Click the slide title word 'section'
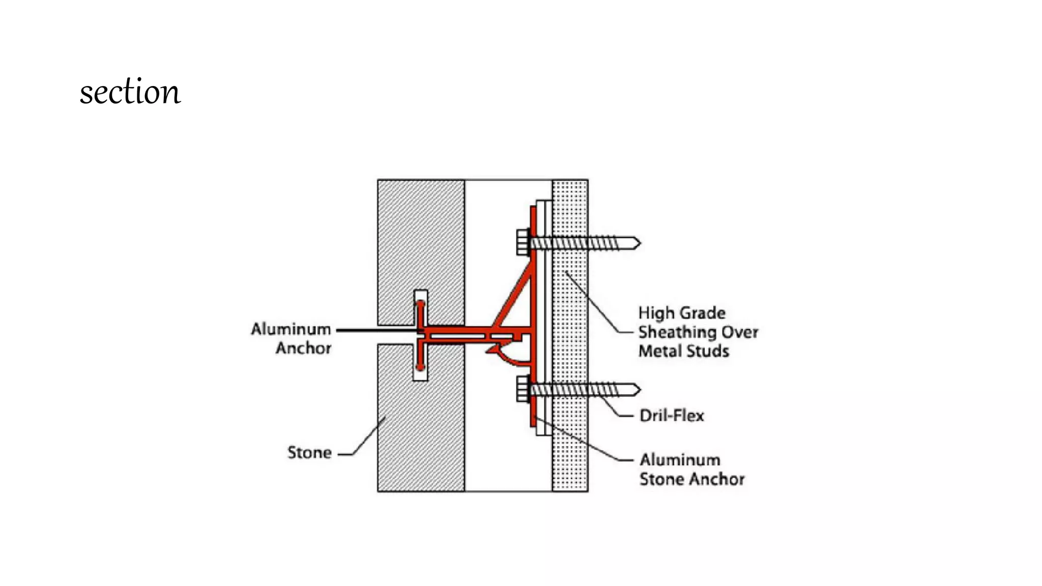(130, 92)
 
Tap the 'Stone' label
(309, 452)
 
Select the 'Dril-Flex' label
(672, 416)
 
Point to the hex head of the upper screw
(523, 242)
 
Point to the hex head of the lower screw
(523, 389)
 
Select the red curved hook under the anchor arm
(509, 356)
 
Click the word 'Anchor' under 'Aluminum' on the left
(304, 348)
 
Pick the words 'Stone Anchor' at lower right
(692, 479)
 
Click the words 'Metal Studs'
(684, 351)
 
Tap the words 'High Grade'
(682, 313)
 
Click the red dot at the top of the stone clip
(421, 304)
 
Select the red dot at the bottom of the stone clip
(420, 367)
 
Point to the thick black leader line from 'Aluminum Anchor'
(377, 330)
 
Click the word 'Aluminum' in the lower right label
(680, 460)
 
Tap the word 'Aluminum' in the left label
(291, 329)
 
